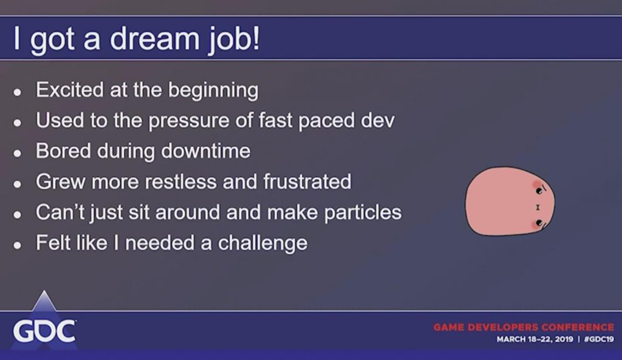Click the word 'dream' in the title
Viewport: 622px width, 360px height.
point(154,38)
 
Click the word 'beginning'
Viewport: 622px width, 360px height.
point(213,91)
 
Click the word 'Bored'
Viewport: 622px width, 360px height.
point(63,151)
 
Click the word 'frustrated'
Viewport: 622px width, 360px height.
point(307,181)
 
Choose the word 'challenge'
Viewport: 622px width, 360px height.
point(262,243)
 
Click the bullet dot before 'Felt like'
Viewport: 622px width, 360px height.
point(16,245)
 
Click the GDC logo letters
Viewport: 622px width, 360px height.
point(44,331)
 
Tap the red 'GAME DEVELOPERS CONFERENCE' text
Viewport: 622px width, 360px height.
point(523,327)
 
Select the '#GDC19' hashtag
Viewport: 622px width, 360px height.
point(599,339)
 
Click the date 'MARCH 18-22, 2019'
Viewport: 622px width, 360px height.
point(535,339)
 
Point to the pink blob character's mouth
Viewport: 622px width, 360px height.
point(538,207)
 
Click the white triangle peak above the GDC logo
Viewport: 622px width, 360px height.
point(44,291)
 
